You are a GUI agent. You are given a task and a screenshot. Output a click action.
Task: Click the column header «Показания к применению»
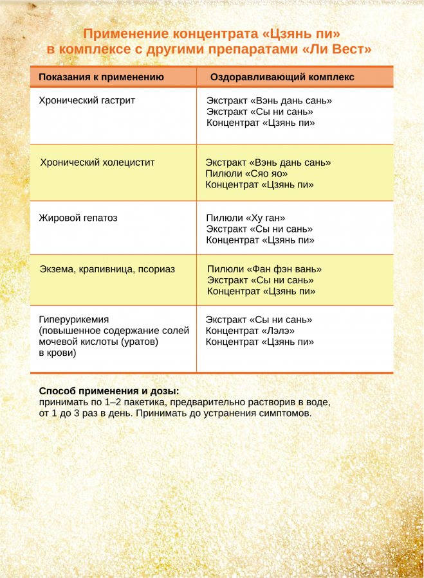coord(101,77)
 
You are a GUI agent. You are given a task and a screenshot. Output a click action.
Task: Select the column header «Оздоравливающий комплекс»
coord(282,77)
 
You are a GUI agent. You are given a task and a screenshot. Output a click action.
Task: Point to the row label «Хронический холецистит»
coord(97,162)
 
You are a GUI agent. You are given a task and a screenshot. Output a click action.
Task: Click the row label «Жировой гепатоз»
coord(78,218)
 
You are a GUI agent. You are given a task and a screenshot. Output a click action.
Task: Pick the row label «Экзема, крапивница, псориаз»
coord(107,269)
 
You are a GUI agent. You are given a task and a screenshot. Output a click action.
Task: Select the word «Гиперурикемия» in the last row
coord(74,319)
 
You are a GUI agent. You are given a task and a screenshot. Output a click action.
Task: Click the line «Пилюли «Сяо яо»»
coord(246,173)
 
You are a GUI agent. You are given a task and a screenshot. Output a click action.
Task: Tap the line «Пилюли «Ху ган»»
coord(245,218)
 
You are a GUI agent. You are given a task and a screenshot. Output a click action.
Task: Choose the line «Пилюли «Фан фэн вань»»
coord(264,269)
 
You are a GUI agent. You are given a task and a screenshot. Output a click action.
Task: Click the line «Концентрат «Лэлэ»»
coord(250,331)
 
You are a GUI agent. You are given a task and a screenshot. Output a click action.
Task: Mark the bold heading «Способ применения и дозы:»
coord(109,391)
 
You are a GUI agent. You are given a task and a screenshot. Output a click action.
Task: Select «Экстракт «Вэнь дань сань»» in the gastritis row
coord(269,100)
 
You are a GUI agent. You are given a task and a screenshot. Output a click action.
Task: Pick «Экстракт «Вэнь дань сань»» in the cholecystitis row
coord(268,162)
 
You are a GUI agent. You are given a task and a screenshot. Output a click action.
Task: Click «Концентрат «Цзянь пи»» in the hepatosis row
coord(260,240)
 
